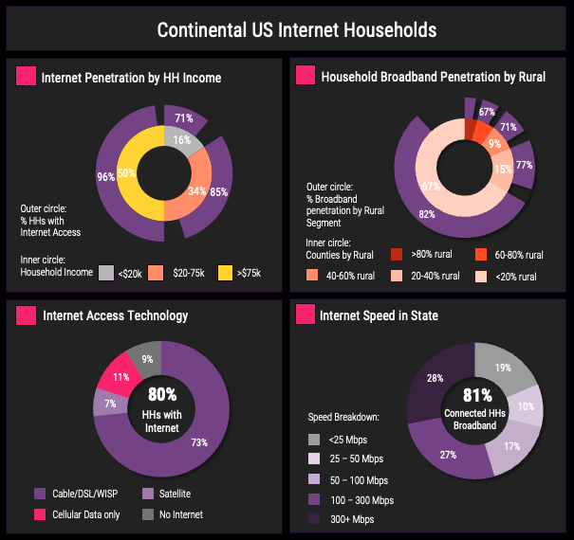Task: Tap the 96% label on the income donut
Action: click(105, 176)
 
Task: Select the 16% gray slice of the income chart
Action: click(181, 140)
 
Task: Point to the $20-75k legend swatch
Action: click(156, 273)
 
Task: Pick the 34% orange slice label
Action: click(196, 190)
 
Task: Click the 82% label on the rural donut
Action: click(427, 214)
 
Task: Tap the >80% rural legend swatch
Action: click(397, 255)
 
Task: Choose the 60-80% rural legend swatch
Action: click(481, 255)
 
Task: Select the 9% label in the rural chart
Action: click(494, 145)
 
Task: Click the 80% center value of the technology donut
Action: click(162, 393)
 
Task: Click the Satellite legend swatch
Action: click(147, 494)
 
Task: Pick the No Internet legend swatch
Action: click(147, 514)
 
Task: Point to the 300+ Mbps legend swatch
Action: click(314, 519)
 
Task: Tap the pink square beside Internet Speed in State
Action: click(305, 315)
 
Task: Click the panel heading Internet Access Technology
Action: click(115, 315)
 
